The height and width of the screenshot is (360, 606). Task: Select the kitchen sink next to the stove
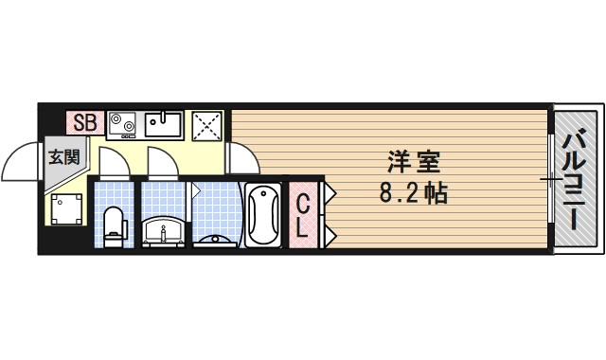tap(164, 124)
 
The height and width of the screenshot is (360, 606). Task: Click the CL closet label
tap(303, 215)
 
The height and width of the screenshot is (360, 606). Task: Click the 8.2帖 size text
tap(411, 194)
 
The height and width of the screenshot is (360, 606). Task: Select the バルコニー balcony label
tap(574, 183)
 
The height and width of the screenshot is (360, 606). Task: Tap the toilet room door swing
tap(112, 159)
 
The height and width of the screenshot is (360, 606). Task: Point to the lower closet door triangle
tap(330, 230)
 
